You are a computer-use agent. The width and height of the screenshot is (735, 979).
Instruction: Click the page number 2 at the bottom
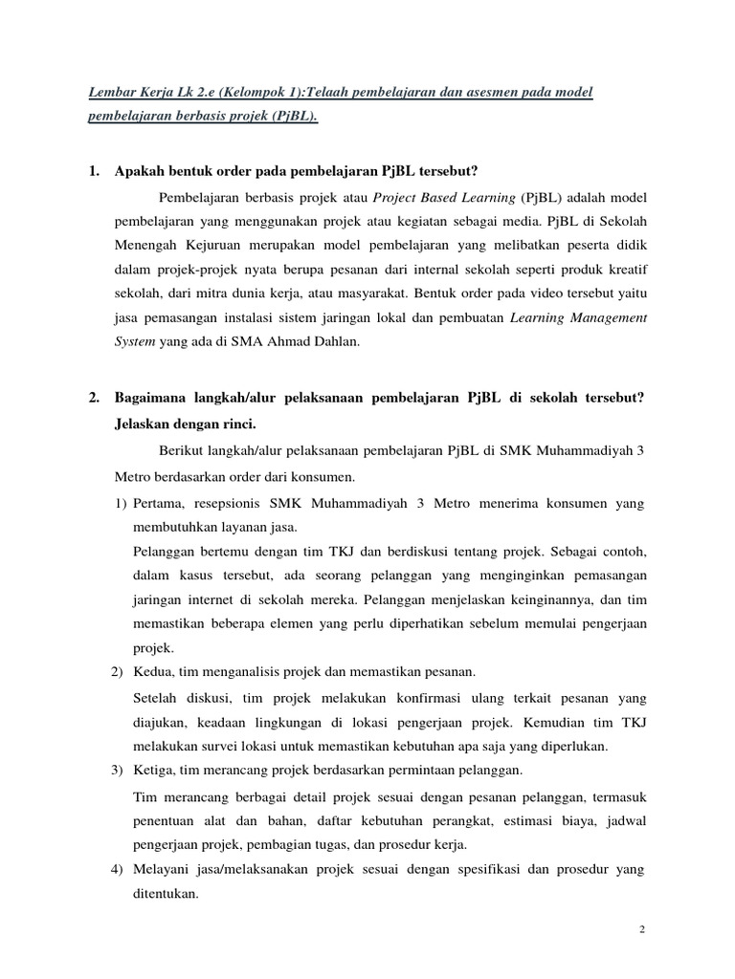(x=642, y=928)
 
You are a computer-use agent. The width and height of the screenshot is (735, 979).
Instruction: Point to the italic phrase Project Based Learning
(x=444, y=198)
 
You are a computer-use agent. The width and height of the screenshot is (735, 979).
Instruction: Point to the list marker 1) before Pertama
(x=119, y=503)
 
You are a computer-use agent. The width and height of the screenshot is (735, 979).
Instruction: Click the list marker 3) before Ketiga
(x=119, y=771)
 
